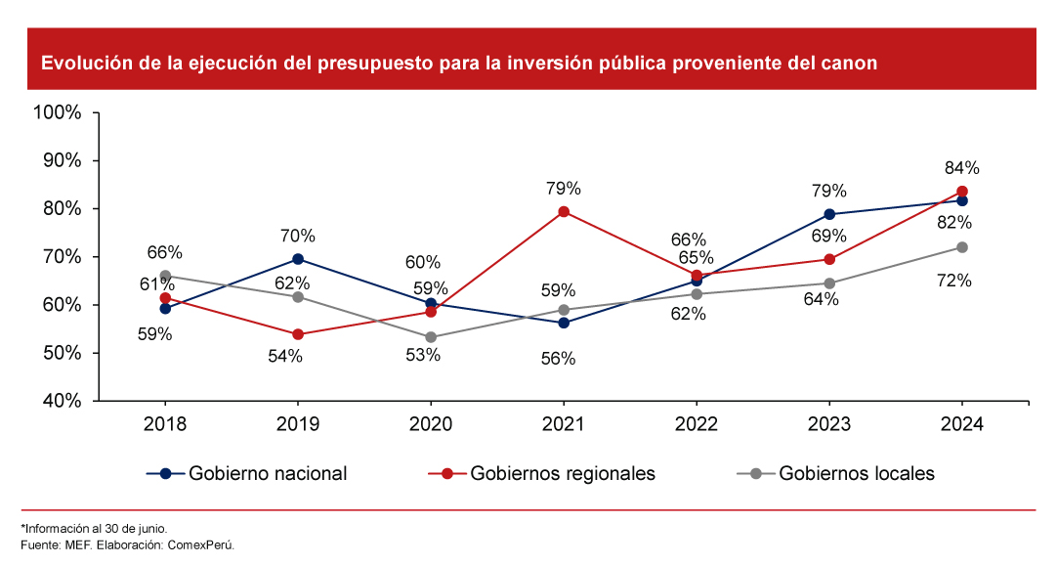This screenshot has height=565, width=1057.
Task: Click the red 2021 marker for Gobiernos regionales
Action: pyautogui.click(x=564, y=212)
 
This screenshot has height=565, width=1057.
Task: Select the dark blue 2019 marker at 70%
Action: pyautogui.click(x=298, y=259)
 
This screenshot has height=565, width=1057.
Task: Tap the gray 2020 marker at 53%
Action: pyautogui.click(x=431, y=337)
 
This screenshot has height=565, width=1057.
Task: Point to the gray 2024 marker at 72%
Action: pyautogui.click(x=962, y=247)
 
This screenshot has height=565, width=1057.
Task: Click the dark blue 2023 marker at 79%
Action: pyautogui.click(x=829, y=214)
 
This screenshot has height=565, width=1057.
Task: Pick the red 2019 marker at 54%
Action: pyautogui.click(x=298, y=334)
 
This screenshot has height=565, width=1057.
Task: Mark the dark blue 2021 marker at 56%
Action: pyautogui.click(x=564, y=323)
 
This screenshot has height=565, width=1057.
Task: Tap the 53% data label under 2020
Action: pyautogui.click(x=423, y=356)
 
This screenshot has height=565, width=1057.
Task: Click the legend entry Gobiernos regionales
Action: pyautogui.click(x=562, y=474)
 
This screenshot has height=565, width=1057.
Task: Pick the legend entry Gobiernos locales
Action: pyautogui.click(x=856, y=474)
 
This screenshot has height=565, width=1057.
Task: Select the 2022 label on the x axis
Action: pyautogui.click(x=697, y=424)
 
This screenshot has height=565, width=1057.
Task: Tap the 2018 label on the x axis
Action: pyautogui.click(x=165, y=424)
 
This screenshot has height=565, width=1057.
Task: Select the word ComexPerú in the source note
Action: pyautogui.click(x=202, y=544)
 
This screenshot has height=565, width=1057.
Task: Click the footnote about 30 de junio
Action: pyautogui.click(x=94, y=528)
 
